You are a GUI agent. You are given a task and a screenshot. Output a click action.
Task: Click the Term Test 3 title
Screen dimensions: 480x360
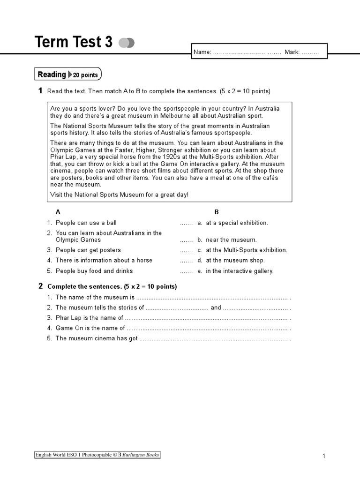(x=74, y=42)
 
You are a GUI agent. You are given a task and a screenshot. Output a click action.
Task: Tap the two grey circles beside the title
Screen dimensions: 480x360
(x=127, y=43)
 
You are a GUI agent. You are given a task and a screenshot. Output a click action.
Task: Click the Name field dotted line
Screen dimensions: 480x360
(x=247, y=52)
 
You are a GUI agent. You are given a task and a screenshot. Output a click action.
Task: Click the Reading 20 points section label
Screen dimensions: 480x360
(x=67, y=75)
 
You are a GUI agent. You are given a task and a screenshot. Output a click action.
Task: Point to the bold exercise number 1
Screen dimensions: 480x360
(x=40, y=91)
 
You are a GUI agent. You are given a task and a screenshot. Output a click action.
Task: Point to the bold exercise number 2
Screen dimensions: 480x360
(x=40, y=286)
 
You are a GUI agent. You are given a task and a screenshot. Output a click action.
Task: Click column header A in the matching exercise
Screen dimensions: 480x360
(x=58, y=212)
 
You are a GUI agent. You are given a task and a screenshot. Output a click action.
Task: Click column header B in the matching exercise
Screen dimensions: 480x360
(x=217, y=212)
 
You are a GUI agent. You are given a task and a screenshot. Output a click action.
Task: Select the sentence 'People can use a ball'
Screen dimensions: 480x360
(x=86, y=223)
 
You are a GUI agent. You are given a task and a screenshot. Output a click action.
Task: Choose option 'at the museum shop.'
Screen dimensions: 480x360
(x=235, y=260)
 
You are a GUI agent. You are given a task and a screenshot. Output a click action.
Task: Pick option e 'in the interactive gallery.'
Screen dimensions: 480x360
(x=239, y=271)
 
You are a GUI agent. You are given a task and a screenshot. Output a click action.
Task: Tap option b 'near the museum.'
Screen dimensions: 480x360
(x=231, y=240)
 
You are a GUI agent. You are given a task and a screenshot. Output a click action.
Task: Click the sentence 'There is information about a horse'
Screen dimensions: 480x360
(x=104, y=260)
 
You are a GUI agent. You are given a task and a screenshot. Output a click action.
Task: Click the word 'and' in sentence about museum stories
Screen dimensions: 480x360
(x=216, y=308)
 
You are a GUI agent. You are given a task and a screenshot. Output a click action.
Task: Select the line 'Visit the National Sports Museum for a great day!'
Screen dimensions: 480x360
(x=119, y=195)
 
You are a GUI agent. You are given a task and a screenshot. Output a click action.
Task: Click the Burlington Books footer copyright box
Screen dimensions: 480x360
(x=97, y=455)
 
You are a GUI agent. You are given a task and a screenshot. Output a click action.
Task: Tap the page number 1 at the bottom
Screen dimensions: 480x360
(x=323, y=456)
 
